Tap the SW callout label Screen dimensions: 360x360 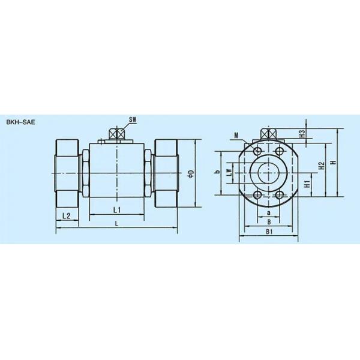pos(133,120)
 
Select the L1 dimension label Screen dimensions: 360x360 pos(118,209)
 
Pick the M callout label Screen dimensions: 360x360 pos(238,136)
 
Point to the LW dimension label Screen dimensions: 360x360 pos(229,173)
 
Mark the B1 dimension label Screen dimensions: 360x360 pos(269,230)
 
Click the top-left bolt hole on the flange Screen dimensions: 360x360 pos(257,150)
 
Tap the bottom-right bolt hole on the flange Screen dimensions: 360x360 pos(280,196)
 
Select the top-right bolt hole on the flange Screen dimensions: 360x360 pos(280,150)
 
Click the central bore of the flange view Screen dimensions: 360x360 pos(269,173)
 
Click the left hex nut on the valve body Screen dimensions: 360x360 pos(86,173)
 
